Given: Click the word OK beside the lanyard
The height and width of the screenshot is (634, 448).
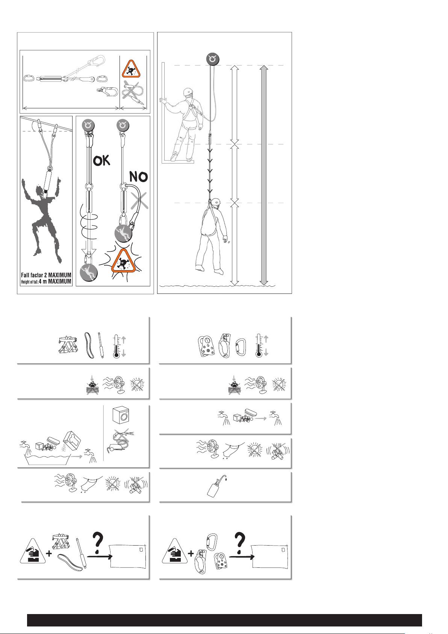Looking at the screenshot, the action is tap(101, 161).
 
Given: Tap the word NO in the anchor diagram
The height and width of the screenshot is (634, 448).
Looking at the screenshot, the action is tap(139, 177).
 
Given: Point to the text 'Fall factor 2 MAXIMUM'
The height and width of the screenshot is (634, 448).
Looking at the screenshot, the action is tap(46, 275).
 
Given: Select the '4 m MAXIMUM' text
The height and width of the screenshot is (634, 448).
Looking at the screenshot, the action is tap(55, 281).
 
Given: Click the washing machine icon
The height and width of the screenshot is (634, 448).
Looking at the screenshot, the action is tap(121, 415).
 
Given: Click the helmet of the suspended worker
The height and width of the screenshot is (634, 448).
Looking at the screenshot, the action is tap(216, 202).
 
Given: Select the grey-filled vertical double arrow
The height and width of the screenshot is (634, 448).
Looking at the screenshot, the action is tap(264, 175).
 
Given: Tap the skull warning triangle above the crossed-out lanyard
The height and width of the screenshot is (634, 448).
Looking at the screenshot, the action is tap(131, 69).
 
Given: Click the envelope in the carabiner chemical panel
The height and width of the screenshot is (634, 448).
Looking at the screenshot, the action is tap(269, 556).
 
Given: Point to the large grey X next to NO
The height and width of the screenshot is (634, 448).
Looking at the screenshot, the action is tap(140, 201).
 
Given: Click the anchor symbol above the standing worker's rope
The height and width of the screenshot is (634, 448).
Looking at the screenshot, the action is tap(213, 59).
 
